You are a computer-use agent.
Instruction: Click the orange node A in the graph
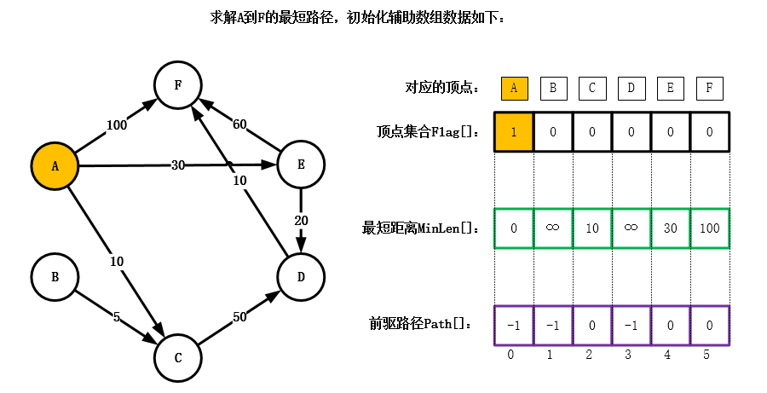click(55, 166)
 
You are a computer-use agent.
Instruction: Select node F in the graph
click(177, 85)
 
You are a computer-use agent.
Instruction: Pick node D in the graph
click(301, 277)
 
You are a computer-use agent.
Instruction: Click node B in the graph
click(55, 277)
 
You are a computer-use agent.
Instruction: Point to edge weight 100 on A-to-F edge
click(117, 125)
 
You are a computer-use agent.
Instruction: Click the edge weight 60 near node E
click(239, 124)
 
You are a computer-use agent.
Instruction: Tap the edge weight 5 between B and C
click(117, 316)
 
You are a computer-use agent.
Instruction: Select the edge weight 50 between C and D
click(239, 316)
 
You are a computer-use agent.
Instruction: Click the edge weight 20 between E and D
click(301, 220)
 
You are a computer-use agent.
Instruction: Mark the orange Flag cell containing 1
click(514, 132)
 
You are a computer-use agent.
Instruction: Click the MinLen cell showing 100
click(709, 228)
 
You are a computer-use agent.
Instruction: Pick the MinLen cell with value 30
click(670, 228)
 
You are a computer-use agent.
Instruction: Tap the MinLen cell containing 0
click(514, 228)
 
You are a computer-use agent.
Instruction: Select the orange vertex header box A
click(514, 88)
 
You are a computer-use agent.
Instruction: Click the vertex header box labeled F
click(709, 88)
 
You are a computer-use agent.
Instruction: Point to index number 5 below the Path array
click(706, 355)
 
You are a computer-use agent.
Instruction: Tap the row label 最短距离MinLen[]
click(419, 228)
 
